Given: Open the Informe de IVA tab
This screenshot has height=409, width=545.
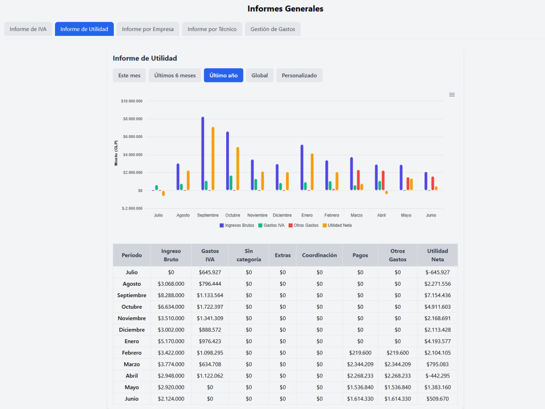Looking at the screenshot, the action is click(28, 29).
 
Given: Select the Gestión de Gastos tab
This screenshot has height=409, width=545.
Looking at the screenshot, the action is click(272, 29).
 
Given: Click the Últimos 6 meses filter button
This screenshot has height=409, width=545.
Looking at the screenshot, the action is click(175, 75).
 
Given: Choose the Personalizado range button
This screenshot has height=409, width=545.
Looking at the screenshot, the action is click(299, 75).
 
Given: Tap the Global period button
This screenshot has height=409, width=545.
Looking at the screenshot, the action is click(259, 75).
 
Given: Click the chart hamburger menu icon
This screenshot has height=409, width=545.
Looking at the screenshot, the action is click(452, 94).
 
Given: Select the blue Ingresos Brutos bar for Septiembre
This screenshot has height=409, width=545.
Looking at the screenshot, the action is click(203, 153).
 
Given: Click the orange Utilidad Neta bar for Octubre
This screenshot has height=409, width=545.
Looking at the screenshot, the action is click(238, 169).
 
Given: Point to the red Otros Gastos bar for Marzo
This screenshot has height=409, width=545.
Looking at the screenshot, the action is click(359, 180).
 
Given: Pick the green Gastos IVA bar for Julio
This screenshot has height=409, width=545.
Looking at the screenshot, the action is click(157, 188).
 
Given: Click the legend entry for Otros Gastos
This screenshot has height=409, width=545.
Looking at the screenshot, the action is click(304, 225).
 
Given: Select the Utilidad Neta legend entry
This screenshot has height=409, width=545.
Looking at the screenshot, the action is click(337, 225).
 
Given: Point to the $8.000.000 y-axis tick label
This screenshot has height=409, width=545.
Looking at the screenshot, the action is click(132, 119).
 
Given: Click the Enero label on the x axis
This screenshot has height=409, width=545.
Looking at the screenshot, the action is click(307, 215).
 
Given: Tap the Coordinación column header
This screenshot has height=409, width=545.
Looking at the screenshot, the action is click(319, 255).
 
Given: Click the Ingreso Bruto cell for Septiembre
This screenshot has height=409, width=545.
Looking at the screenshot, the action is click(171, 295).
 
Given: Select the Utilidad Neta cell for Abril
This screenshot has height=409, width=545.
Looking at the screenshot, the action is click(438, 376).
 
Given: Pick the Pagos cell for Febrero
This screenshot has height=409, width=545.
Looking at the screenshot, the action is click(360, 353).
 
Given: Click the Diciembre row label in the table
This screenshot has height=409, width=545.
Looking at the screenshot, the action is click(132, 330).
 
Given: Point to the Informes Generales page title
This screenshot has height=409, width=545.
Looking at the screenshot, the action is click(286, 9).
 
